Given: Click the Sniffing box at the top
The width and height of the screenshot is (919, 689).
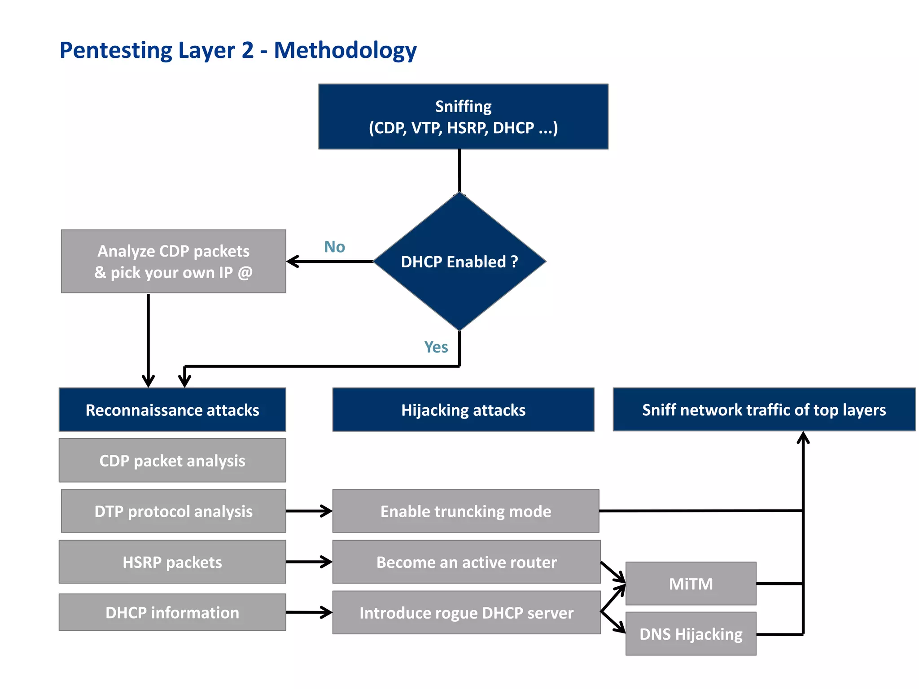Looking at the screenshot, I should [x=463, y=117].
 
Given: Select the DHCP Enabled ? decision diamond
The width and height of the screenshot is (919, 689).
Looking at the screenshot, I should [x=459, y=262].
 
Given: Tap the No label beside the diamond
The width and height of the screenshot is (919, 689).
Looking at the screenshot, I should [x=334, y=247].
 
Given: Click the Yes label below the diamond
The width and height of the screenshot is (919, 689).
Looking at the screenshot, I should [x=436, y=347].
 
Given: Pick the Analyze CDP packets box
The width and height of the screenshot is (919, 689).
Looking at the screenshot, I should [x=173, y=262].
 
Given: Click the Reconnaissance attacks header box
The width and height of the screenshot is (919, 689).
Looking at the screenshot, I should [x=172, y=410].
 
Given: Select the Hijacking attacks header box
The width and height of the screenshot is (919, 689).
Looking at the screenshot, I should [x=463, y=410].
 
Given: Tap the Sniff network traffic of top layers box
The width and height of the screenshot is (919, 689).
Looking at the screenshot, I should [x=764, y=410].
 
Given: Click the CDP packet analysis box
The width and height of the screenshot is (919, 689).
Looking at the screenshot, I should [x=172, y=460].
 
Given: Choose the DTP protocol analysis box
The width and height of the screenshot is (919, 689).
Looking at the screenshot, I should [x=173, y=511].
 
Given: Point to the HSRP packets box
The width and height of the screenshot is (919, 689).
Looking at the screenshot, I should [x=172, y=562].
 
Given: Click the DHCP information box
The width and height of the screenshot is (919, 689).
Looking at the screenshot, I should [x=172, y=612].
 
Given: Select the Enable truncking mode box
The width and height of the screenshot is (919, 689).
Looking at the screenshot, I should [x=466, y=511].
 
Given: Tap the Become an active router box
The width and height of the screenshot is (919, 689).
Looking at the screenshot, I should [x=466, y=562].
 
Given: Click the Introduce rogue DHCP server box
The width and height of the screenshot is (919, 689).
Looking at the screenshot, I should [x=466, y=612].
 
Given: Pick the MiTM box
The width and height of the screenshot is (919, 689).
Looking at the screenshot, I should [x=691, y=584].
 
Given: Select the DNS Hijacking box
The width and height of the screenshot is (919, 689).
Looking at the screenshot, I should [x=691, y=634].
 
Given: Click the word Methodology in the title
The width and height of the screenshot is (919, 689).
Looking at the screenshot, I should [x=345, y=50].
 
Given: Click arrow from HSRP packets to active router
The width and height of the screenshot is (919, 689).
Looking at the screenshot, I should [x=309, y=562].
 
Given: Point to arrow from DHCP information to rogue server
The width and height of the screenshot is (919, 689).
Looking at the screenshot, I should [x=309, y=612].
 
